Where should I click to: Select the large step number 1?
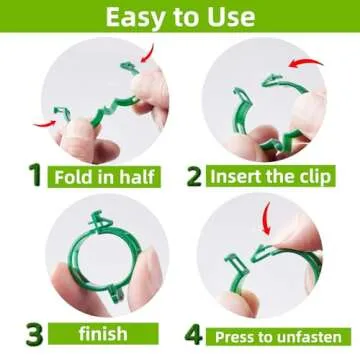33,176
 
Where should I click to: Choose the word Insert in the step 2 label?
239,177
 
